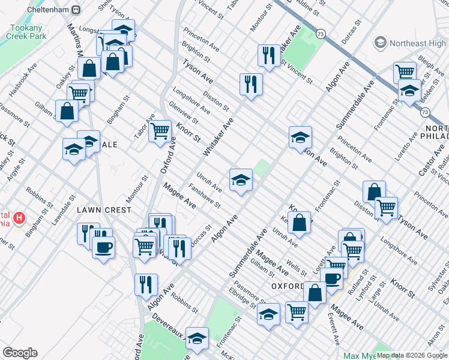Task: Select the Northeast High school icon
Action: (x=380, y=43)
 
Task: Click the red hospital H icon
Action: (x=19, y=217)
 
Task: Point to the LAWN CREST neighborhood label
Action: (x=104, y=210)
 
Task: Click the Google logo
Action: (x=20, y=353)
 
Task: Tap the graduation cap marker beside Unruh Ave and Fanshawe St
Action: (x=240, y=180)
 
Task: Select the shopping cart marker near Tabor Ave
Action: (x=160, y=130)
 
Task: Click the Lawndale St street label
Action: (x=62, y=209)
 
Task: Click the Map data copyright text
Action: (x=412, y=355)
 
